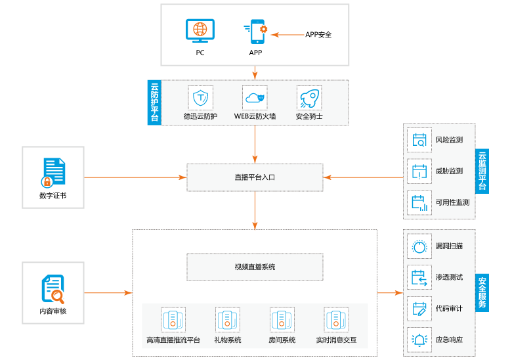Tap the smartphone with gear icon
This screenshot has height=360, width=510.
[x=257, y=32]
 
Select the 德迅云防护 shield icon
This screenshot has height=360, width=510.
[x=200, y=98]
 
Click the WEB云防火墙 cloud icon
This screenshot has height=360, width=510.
[x=255, y=98]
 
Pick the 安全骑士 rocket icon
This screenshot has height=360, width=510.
[x=309, y=98]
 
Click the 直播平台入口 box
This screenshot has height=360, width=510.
[x=255, y=177]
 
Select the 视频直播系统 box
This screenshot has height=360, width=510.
[x=255, y=267]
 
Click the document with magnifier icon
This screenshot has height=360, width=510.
[x=53, y=290]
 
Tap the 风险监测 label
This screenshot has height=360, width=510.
[x=449, y=140]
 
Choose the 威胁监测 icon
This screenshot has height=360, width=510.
[x=419, y=171]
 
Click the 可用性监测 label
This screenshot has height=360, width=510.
[x=452, y=203]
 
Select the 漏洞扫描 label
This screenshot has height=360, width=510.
[x=449, y=246]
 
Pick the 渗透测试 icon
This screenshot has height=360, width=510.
[x=419, y=277]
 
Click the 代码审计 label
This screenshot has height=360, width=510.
[x=449, y=309]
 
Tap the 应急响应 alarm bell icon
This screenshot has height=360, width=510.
[x=419, y=340]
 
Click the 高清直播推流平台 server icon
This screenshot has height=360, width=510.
[x=173, y=320]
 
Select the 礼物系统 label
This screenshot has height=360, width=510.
[x=228, y=340]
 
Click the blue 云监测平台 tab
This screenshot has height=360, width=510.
[x=482, y=170]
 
